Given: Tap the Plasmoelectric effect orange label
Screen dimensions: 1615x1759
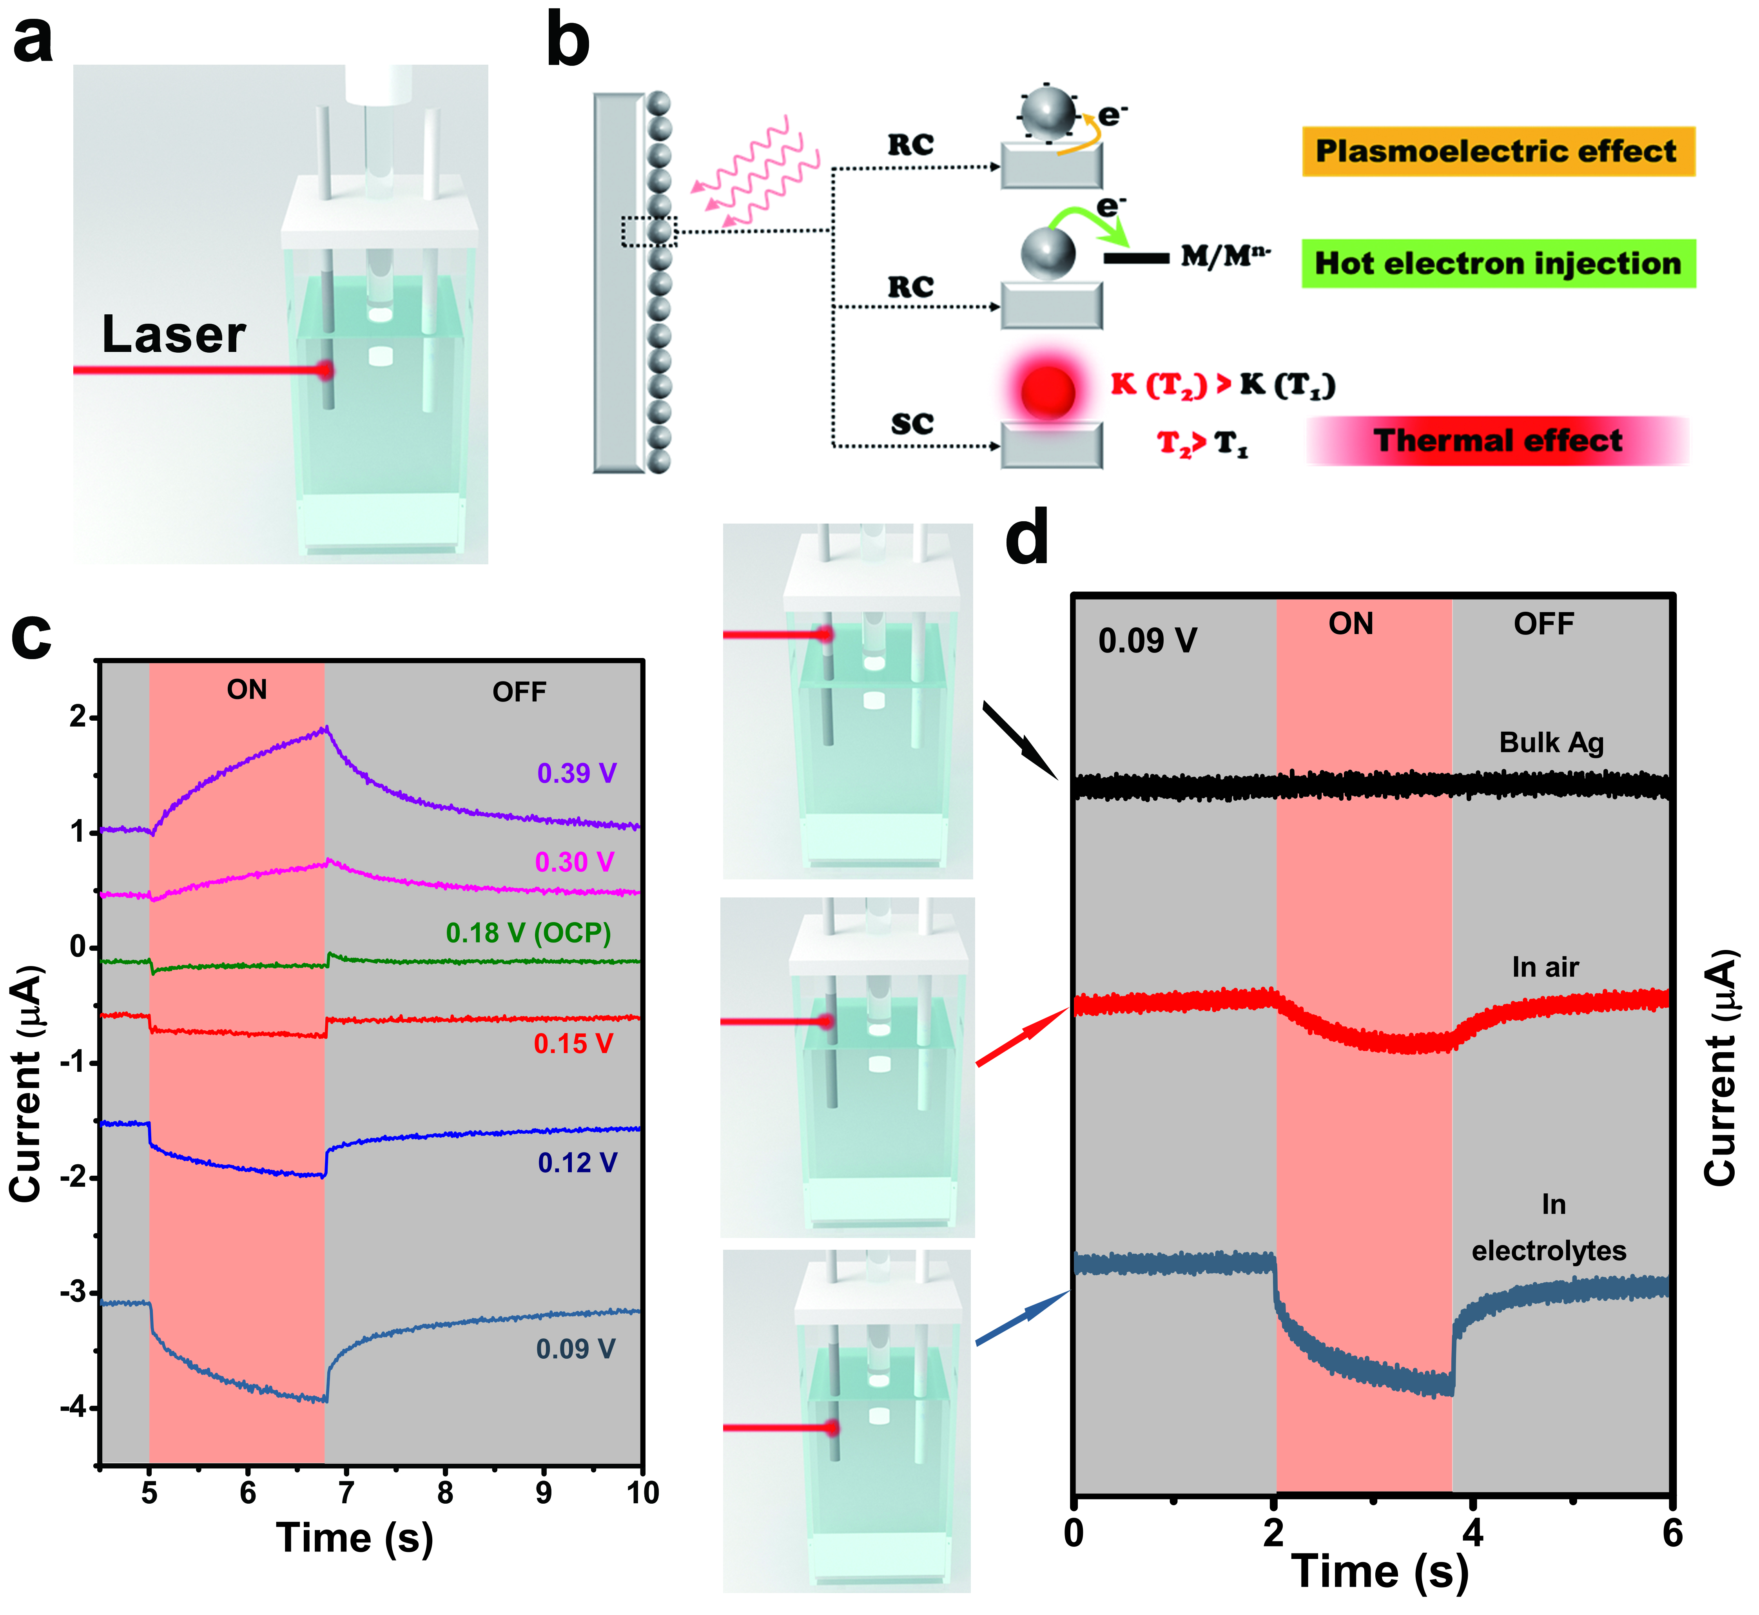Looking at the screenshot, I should [1497, 151].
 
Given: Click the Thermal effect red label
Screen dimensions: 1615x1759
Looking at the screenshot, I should [1497, 440].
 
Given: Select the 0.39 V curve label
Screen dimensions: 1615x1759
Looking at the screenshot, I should [577, 774].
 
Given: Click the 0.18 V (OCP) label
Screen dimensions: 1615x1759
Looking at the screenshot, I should [528, 933].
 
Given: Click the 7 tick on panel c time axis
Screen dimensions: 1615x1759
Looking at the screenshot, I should [347, 1493].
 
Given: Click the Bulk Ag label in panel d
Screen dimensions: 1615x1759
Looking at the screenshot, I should [1551, 743].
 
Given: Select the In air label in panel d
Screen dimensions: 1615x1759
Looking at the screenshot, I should [1545, 968].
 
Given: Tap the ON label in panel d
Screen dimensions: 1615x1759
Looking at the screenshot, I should [1351, 624].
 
